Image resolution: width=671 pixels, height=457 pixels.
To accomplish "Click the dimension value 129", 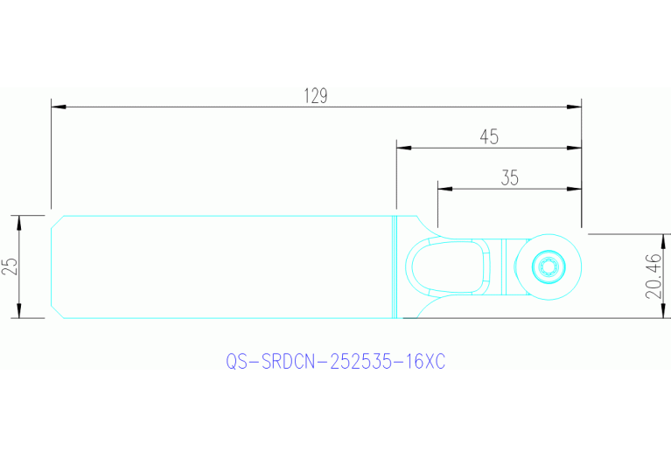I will pyautogui.click(x=316, y=96).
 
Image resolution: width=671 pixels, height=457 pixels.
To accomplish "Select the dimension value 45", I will pyautogui.click(x=489, y=137).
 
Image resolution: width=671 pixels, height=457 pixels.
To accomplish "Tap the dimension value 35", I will pyautogui.click(x=509, y=178).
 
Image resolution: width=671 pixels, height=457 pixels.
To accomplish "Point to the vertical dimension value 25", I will pyautogui.click(x=10, y=267).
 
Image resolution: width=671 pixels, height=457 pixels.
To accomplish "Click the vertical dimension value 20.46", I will pyautogui.click(x=654, y=276).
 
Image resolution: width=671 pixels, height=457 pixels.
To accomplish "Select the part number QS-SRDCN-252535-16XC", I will pyautogui.click(x=335, y=361).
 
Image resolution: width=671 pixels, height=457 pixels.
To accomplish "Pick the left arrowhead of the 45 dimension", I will pyautogui.click(x=403, y=148).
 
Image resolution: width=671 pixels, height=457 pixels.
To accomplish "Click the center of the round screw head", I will pyautogui.click(x=550, y=267).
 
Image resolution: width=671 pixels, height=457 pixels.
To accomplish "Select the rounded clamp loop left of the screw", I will pyautogui.click(x=451, y=267).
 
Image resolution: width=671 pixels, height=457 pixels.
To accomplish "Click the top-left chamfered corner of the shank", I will pyautogui.click(x=57, y=219).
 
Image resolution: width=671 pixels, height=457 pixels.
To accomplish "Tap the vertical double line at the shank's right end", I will pyautogui.click(x=395, y=267).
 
